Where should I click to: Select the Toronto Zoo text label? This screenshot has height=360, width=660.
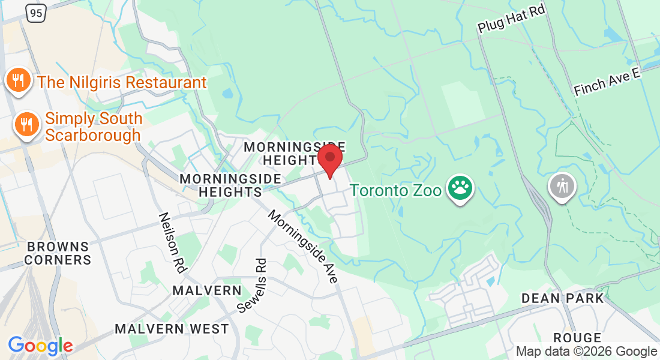pyautogui.click(x=396, y=190)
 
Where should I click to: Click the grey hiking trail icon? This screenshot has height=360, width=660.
pyautogui.click(x=562, y=186)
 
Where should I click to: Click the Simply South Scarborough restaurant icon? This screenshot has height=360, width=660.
pyautogui.click(x=26, y=124)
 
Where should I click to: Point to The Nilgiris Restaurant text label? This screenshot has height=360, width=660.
pyautogui.click(x=122, y=82)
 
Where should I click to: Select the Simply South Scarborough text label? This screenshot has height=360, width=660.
pyautogui.click(x=93, y=127)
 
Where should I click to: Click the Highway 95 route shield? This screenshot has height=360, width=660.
pyautogui.click(x=35, y=13)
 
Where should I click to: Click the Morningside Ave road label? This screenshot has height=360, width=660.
pyautogui.click(x=304, y=246)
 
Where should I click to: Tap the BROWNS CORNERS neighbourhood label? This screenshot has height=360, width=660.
pyautogui.click(x=58, y=253)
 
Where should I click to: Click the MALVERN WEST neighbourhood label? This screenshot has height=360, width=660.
pyautogui.click(x=172, y=329)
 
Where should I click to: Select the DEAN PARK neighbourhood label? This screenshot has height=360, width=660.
pyautogui.click(x=563, y=298)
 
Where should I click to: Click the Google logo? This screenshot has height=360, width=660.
pyautogui.click(x=40, y=346)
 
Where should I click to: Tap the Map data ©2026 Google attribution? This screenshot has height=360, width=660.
pyautogui.click(x=586, y=352)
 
